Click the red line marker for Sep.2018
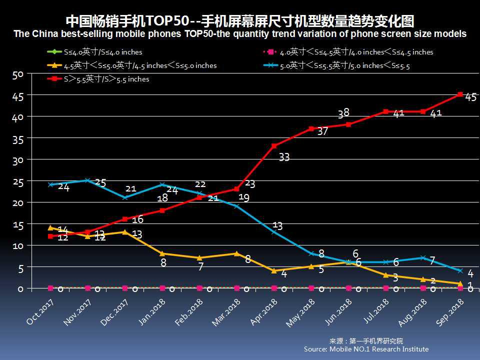(x=460, y=94)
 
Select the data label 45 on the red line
(x=470, y=97)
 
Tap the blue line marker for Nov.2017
(x=87, y=180)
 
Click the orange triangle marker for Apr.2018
(x=274, y=270)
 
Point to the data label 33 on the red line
(x=284, y=157)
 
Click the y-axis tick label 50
(x=18, y=75)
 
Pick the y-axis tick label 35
(x=18, y=139)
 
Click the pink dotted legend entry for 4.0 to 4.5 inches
(x=347, y=52)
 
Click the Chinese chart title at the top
(x=240, y=21)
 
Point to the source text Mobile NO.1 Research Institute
(x=366, y=349)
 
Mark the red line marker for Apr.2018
(x=274, y=145)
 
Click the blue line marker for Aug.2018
(x=423, y=258)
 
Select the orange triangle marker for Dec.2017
(x=125, y=232)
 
